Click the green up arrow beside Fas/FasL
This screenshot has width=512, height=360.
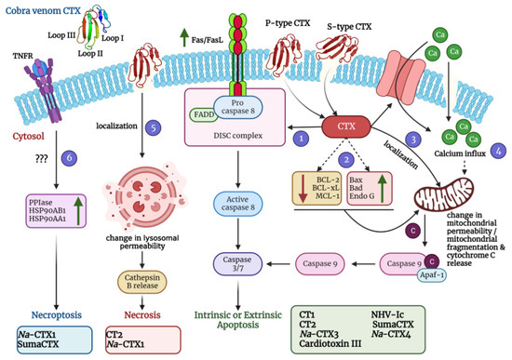click(177, 37)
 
